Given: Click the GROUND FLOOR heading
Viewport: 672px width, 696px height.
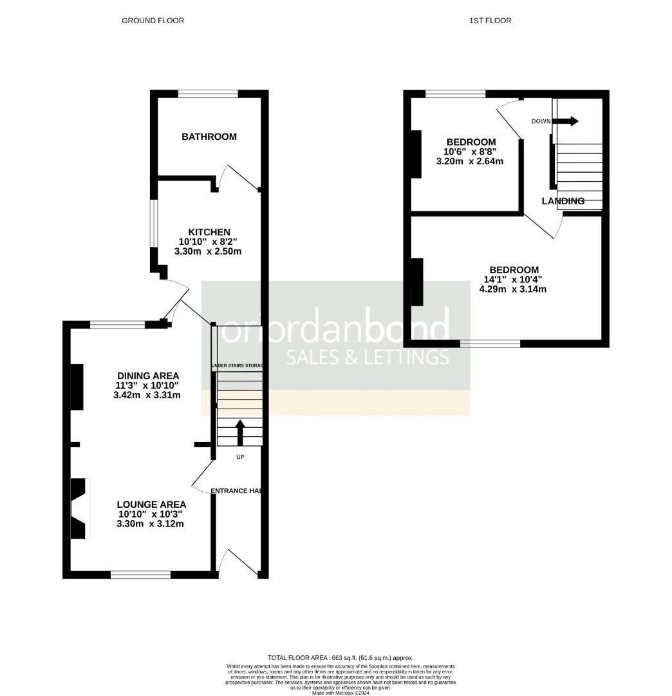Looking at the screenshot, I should click(153, 21).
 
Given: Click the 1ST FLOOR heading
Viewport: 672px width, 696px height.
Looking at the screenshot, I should click(490, 21).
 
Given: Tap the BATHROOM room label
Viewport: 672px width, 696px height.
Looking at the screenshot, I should click(209, 137).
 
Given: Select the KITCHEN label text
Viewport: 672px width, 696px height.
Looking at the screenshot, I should click(209, 232).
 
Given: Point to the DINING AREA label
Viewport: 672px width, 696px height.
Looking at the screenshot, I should click(148, 376).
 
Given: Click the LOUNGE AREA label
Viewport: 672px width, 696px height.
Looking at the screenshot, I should click(151, 505).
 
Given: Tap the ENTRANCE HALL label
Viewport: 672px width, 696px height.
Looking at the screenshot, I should click(236, 491).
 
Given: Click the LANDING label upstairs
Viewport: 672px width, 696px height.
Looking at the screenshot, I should click(563, 201).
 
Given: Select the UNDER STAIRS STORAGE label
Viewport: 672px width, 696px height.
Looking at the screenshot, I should click(237, 366).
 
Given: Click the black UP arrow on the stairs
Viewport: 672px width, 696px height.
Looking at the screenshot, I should click(240, 433).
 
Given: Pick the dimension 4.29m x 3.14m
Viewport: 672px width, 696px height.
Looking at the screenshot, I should click(513, 289).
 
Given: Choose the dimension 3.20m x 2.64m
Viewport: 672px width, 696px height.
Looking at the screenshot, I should click(470, 161).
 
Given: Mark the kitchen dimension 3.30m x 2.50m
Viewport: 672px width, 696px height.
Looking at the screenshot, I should click(210, 251).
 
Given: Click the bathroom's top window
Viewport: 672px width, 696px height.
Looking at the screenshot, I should click(208, 94).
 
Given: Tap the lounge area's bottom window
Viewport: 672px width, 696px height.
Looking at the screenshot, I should click(141, 574).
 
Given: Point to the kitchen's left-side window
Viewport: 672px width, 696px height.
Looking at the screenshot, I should click(154, 222).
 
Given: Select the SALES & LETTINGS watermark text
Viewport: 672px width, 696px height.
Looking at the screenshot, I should click(368, 357).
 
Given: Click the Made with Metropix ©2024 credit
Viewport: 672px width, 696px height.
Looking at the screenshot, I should click(341, 693).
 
